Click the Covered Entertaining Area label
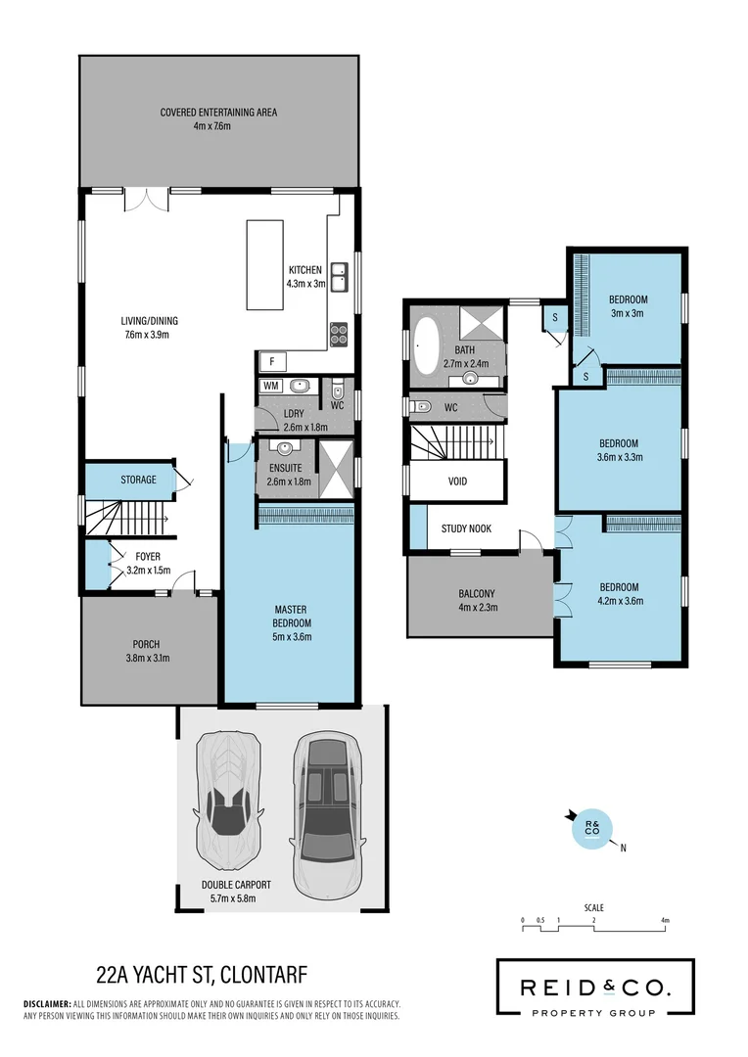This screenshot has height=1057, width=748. [x=218, y=113]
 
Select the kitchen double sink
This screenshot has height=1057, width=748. [x=339, y=278]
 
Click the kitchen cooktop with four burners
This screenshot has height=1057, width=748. [x=339, y=334]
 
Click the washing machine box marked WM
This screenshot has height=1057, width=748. [x=269, y=386]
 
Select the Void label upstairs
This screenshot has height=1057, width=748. [x=457, y=482]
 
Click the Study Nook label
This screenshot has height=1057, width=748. [x=466, y=528]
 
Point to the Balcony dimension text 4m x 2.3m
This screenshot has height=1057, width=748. [x=478, y=608]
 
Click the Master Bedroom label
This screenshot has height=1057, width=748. [x=291, y=617]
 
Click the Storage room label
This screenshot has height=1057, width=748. [x=138, y=480]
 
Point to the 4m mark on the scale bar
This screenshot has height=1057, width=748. [x=665, y=921]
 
